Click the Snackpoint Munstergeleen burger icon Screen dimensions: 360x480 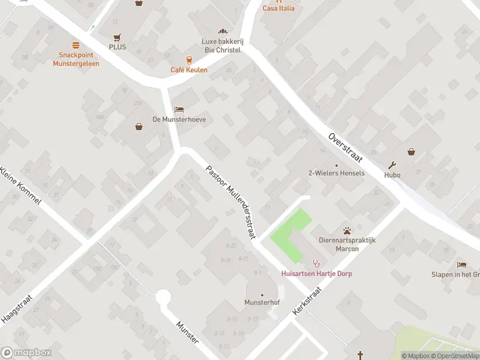pyautogui.click(x=76, y=45)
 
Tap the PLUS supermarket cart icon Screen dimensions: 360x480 pyautogui.click(x=118, y=37)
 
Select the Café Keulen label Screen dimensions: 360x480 pyautogui.click(x=188, y=70)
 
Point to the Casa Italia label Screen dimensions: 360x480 pyautogui.click(x=278, y=8)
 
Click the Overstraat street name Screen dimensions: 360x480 pyautogui.click(x=345, y=148)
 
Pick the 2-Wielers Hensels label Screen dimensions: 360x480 pyautogui.click(x=336, y=173)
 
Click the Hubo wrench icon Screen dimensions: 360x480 pyautogui.click(x=392, y=166)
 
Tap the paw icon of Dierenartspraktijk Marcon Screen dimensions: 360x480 pyautogui.click(x=347, y=230)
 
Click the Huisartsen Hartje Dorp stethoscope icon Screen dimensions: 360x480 pyautogui.click(x=316, y=263)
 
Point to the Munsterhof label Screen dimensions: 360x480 pyautogui.click(x=262, y=302)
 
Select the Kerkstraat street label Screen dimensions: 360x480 pyautogui.click(x=307, y=301)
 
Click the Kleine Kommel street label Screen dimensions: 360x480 pyautogui.click(x=21, y=185)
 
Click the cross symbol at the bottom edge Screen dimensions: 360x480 pyautogui.click(x=361, y=355)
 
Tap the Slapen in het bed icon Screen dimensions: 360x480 pyautogui.click(x=461, y=265)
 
